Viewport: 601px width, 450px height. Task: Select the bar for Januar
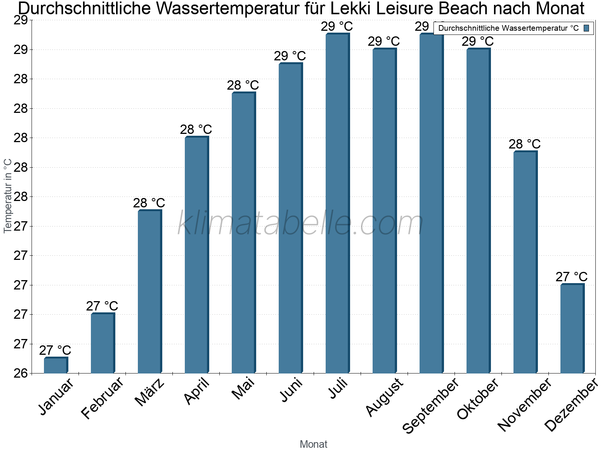tap(56, 365)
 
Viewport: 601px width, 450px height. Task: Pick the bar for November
tap(525, 262)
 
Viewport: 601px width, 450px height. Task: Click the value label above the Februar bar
tap(102, 306)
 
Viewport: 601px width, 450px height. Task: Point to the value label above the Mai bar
tap(243, 85)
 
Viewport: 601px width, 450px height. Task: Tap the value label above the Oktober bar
tap(478, 41)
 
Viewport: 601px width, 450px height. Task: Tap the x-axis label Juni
tap(291, 390)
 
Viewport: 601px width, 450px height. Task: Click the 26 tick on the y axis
tap(21, 373)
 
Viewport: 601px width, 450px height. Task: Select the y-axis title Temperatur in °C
tap(8, 196)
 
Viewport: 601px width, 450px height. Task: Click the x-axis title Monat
tap(314, 444)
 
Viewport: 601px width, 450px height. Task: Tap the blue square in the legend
tap(587, 28)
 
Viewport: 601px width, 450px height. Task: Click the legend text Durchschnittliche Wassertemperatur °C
tap(509, 28)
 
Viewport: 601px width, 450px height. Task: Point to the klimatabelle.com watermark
tap(300, 223)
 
